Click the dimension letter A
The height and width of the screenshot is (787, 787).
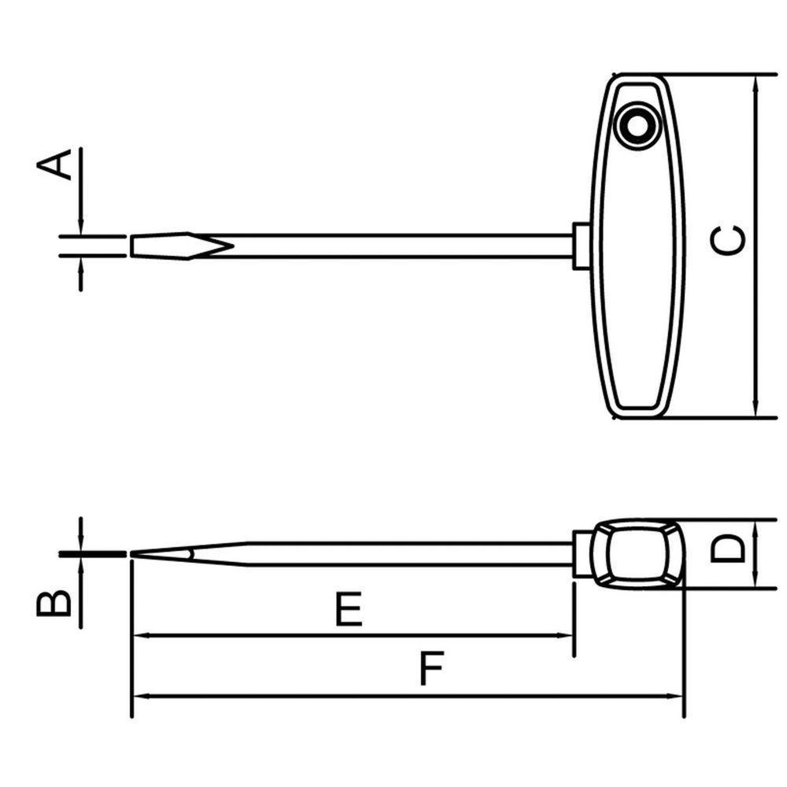click(x=54, y=164)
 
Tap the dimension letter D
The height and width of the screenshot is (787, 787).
click(x=728, y=549)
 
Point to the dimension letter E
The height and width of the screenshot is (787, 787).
click(x=349, y=609)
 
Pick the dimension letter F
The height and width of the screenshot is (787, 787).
click(x=431, y=668)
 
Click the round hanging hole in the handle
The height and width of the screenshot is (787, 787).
click(x=637, y=126)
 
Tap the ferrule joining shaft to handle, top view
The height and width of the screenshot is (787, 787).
click(x=582, y=246)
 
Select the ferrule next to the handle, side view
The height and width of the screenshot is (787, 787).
click(x=582, y=554)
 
